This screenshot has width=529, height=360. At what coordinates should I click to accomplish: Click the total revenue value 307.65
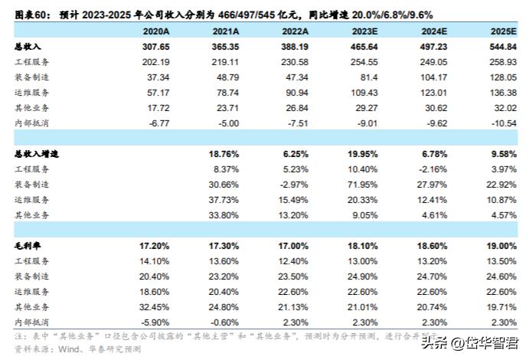(155, 47)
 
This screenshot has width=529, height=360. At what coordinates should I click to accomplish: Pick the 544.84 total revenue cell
(503, 47)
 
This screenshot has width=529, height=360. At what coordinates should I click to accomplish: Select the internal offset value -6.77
(158, 121)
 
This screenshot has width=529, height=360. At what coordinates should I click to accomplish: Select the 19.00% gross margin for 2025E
(503, 247)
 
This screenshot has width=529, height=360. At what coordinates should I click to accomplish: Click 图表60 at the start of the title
(31, 10)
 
